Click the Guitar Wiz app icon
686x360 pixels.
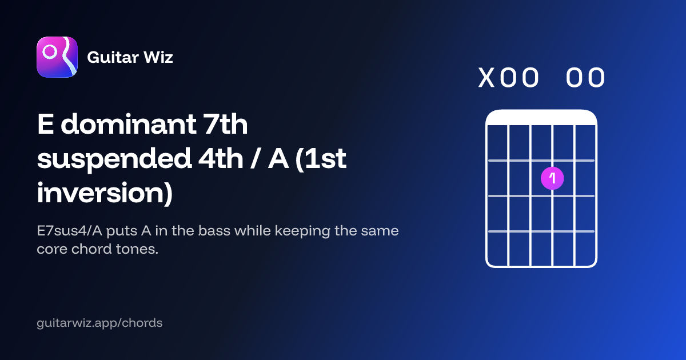tap(57, 57)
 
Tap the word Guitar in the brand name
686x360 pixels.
tap(113, 57)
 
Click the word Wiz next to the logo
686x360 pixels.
tap(158, 57)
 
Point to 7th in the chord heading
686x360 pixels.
tap(226, 124)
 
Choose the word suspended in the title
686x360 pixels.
tap(114, 159)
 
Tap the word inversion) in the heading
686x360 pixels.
tap(105, 193)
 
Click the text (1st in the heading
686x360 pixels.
tap(321, 159)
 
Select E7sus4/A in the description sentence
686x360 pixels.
tap(70, 231)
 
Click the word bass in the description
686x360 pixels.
tap(214, 231)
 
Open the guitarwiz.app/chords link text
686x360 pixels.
tap(99, 323)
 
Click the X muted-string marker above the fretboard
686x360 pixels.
tap(486, 78)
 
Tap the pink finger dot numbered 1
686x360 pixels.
tap(552, 178)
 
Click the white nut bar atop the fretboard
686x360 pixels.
tap(541, 118)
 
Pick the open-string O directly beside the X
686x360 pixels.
tap(508, 78)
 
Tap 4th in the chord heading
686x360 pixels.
tap(221, 159)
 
